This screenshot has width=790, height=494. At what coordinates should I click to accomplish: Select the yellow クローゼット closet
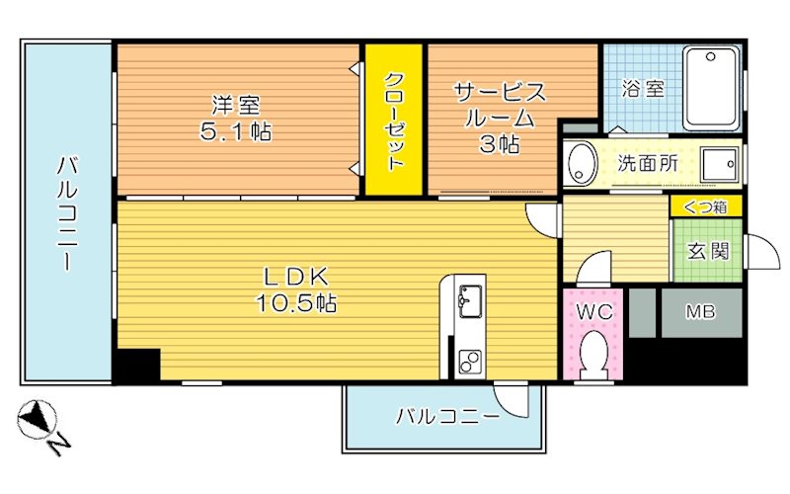[x=393, y=121]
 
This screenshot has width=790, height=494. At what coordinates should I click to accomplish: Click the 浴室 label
[x=642, y=89]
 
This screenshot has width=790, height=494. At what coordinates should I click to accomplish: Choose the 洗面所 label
[x=647, y=164]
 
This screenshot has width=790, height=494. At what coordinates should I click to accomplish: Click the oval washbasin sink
[x=582, y=163]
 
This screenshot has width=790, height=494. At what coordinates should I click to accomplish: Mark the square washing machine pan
[x=721, y=164]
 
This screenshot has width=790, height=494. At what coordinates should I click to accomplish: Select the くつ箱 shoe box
[x=705, y=207]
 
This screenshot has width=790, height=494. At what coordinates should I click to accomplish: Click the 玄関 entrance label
[x=707, y=251]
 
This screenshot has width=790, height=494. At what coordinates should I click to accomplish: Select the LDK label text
[x=287, y=276]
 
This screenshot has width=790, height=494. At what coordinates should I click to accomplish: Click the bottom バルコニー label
[x=447, y=416]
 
